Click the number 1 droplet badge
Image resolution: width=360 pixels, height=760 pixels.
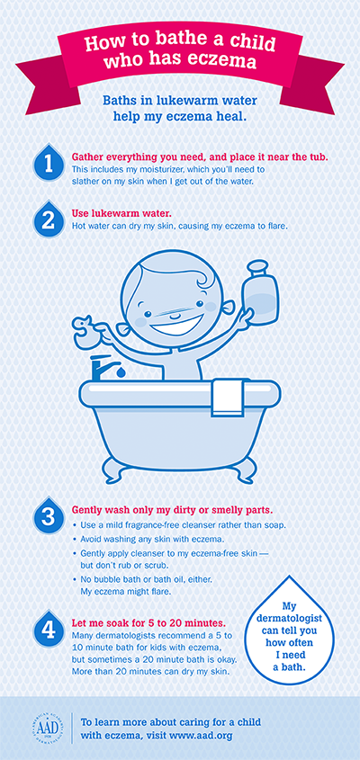(49, 163)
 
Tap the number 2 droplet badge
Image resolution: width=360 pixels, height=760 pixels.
(49, 219)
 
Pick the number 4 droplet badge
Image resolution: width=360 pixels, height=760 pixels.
(49, 629)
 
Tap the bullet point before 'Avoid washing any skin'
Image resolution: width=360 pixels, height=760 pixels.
(74, 538)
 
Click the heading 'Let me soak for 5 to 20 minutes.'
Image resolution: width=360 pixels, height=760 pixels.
(148, 622)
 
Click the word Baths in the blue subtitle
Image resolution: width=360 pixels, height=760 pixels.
(118, 101)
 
